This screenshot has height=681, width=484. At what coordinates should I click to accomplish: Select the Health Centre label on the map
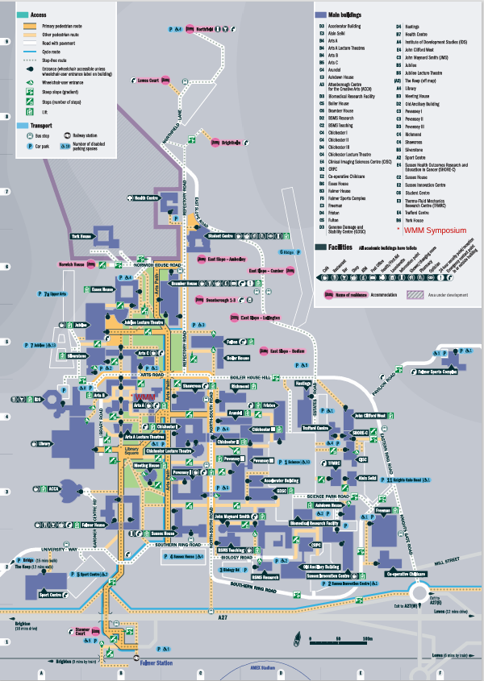point(145,197)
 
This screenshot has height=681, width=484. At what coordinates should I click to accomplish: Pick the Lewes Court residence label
point(148,80)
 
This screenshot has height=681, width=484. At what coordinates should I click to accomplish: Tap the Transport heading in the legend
point(42,127)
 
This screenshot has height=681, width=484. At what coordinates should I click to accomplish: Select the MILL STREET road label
point(448,559)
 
